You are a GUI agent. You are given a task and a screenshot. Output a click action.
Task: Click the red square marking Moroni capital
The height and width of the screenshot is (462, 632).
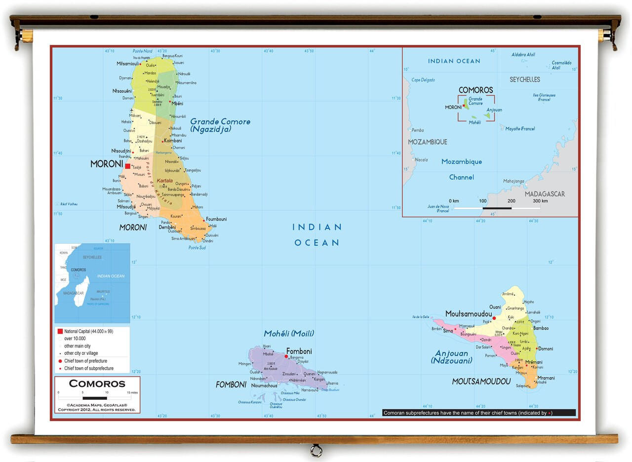click(x=128, y=166)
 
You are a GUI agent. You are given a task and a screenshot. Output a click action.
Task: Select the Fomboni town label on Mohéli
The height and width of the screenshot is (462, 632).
click(x=299, y=351)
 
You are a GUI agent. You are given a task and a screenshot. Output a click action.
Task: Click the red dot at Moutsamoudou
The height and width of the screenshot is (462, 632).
click(x=494, y=318)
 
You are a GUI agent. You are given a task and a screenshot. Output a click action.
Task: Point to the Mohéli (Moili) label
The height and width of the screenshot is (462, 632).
click(x=288, y=334)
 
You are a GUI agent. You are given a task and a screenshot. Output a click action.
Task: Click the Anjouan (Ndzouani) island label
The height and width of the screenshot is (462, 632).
click(x=451, y=357)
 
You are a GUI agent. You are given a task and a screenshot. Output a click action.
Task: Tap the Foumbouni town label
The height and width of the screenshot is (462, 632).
click(x=216, y=219)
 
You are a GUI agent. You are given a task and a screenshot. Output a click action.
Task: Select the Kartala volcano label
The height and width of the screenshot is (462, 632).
click(x=164, y=181)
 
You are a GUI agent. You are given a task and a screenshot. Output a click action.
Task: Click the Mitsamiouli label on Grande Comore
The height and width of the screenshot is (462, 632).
click(x=127, y=64)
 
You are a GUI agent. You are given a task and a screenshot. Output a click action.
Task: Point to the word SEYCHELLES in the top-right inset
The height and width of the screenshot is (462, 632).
click(x=524, y=79)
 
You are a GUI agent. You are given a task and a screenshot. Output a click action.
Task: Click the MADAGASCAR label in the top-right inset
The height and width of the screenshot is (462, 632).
click(x=544, y=194)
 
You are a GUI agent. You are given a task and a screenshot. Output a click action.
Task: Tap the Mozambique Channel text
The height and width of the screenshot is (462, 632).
click(x=461, y=169)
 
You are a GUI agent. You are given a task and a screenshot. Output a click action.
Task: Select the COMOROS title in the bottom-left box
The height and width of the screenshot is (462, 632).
click(x=97, y=384)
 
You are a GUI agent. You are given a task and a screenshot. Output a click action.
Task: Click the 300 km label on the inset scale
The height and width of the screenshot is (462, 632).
click(x=540, y=201)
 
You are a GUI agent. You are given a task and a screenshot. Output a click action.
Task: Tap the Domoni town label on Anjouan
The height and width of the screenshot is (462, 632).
click(x=546, y=348)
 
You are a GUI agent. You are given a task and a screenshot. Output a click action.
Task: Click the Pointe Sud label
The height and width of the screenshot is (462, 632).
click(x=197, y=247)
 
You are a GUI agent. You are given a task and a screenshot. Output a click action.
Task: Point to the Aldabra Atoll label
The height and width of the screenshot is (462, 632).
click(x=523, y=55)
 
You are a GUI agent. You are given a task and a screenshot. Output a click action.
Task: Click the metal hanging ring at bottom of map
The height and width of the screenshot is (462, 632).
click(x=316, y=450)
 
